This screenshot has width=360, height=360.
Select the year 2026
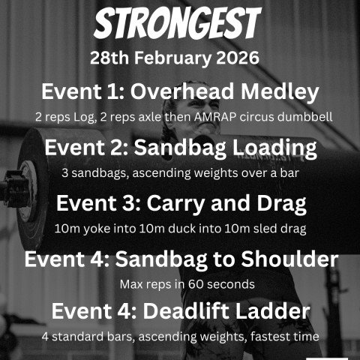[x=246, y=58]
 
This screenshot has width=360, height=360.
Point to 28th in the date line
[x=109, y=58]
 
